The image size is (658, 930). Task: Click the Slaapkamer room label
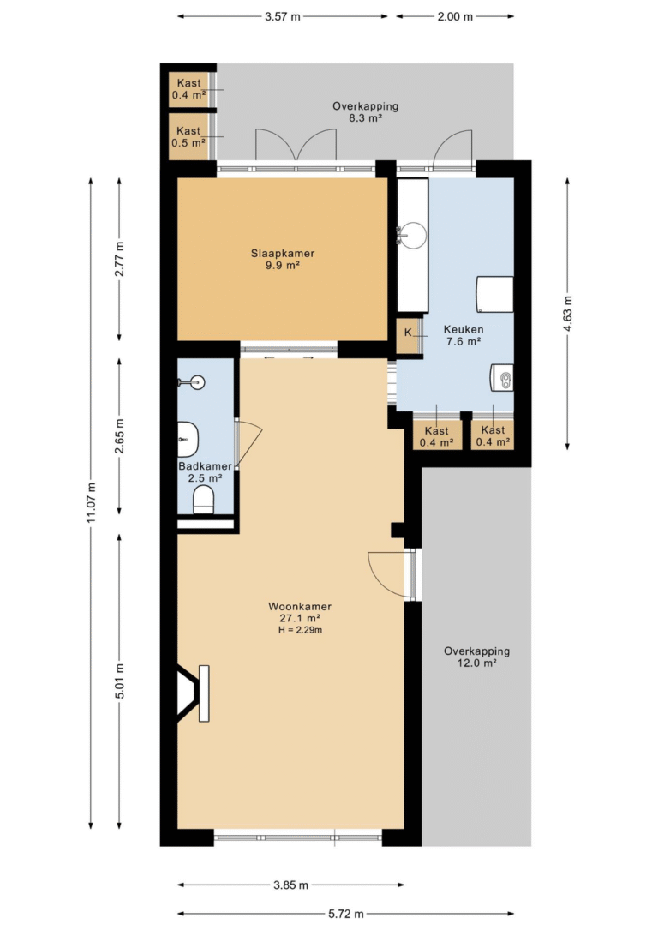[x=282, y=253]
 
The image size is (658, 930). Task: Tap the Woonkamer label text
[x=299, y=607]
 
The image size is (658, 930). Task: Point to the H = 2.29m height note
[x=300, y=630]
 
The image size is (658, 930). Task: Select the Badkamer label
[x=205, y=466]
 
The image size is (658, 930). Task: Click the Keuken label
[x=464, y=329]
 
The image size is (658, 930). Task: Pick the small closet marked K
[x=408, y=336]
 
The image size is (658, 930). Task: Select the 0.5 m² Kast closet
[x=188, y=137]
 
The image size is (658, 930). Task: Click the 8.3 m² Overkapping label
[x=365, y=112]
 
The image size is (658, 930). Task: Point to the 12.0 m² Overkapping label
[x=476, y=657]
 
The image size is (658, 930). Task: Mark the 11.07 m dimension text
[x=91, y=503]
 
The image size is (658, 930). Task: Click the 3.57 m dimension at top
[x=283, y=16]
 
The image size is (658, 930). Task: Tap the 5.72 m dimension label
[x=345, y=914]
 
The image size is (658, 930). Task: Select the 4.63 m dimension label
[x=567, y=315]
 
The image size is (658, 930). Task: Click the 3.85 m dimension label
[x=290, y=885]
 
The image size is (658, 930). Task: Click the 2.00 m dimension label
[x=455, y=16]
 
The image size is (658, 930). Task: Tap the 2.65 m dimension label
[x=119, y=436]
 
